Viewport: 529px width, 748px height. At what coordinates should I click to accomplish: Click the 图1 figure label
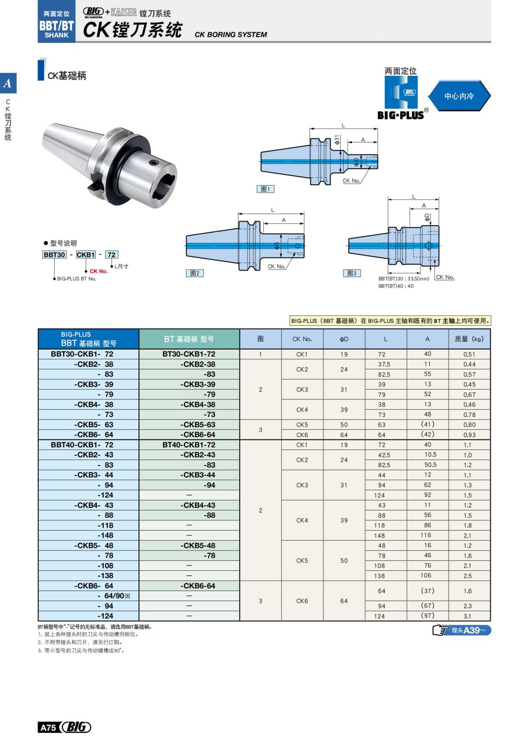pyautogui.click(x=265, y=189)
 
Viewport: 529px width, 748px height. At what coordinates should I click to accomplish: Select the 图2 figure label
pyautogui.click(x=194, y=273)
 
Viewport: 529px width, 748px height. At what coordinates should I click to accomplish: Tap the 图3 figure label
pyautogui.click(x=352, y=273)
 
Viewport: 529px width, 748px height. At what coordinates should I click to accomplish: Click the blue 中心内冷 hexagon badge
pyautogui.click(x=459, y=96)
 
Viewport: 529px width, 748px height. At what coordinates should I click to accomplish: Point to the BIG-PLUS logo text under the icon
pyautogui.click(x=400, y=115)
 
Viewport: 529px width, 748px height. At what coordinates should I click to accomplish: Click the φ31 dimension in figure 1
pyautogui.click(x=337, y=140)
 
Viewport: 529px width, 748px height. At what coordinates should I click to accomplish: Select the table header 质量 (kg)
pyautogui.click(x=469, y=339)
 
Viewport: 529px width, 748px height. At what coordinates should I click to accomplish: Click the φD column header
pyautogui.click(x=344, y=339)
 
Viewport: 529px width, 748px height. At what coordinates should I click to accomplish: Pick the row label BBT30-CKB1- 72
pyautogui.click(x=82, y=354)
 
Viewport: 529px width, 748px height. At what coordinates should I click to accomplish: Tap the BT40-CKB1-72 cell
pyautogui.click(x=189, y=445)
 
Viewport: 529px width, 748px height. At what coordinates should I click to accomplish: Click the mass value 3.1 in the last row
pyautogui.click(x=467, y=616)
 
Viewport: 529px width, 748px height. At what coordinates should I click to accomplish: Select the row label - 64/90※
pyautogui.click(x=114, y=596)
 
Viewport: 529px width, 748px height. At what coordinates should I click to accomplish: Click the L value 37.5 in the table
pyautogui.click(x=384, y=364)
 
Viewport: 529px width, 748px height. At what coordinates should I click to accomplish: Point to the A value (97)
pyautogui.click(x=427, y=615)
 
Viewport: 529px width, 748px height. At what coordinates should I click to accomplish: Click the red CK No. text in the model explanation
pyautogui.click(x=98, y=272)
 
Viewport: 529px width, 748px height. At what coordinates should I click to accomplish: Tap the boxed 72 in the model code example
pyautogui.click(x=112, y=255)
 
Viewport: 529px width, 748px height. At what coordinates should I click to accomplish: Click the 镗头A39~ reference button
pyautogui.click(x=462, y=630)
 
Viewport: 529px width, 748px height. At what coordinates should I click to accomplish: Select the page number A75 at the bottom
pyautogui.click(x=48, y=727)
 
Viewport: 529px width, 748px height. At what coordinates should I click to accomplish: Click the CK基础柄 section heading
pyautogui.click(x=67, y=76)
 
